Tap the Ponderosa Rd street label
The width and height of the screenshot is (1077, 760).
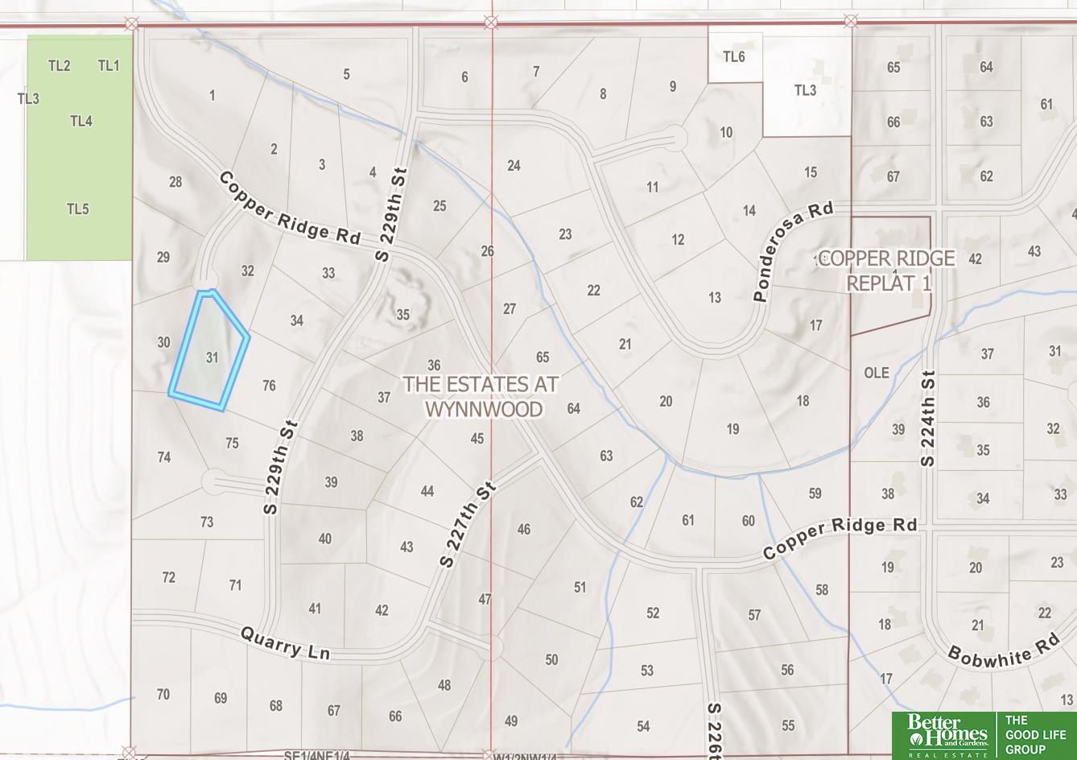(x=792, y=252)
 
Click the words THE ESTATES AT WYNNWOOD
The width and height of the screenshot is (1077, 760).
(x=481, y=396)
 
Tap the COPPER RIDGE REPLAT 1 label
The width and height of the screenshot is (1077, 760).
(x=888, y=271)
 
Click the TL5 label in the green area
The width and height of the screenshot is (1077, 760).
(x=77, y=209)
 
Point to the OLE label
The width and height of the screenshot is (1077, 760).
(x=877, y=373)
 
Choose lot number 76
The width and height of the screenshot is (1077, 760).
(x=269, y=386)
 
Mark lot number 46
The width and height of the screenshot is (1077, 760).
(x=524, y=529)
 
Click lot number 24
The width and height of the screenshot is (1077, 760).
(x=514, y=166)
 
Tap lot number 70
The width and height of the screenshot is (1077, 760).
(x=163, y=694)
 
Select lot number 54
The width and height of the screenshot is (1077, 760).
(x=643, y=726)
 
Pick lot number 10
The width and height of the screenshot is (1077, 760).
(x=726, y=132)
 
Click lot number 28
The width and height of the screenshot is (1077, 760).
(x=175, y=182)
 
